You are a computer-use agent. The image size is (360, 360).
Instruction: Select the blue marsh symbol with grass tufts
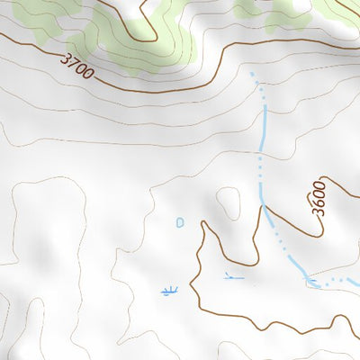167,290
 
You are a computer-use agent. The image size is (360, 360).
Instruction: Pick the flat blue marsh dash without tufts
234,278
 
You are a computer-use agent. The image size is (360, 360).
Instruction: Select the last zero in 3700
89,73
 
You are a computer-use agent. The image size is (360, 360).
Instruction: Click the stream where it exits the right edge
356,286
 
